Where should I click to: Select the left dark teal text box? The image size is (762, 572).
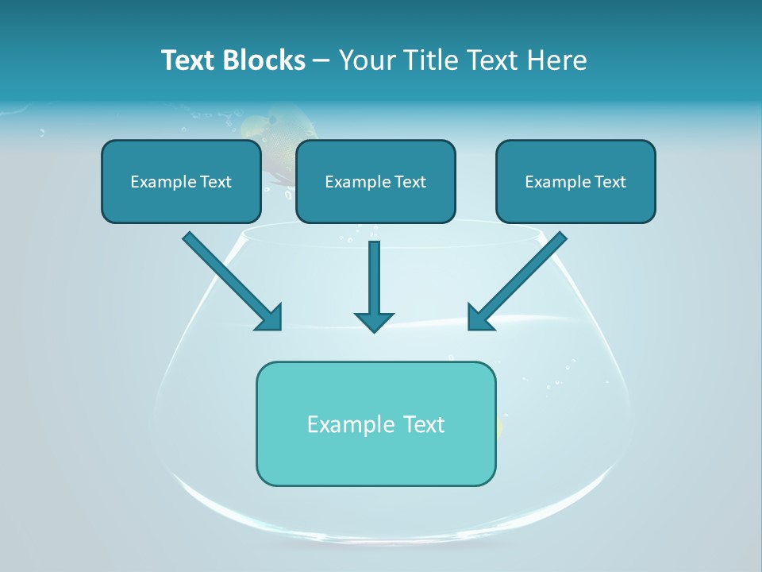click(x=181, y=181)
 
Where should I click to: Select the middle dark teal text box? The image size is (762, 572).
click(x=375, y=181)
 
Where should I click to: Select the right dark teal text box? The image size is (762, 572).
click(x=575, y=181)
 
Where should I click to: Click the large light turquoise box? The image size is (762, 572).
click(x=375, y=423)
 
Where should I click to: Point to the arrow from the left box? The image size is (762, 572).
click(x=230, y=280)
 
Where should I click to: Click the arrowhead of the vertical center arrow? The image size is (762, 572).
click(x=374, y=322)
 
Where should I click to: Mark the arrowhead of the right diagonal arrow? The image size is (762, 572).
click(x=478, y=318)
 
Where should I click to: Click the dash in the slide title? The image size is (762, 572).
click(x=321, y=60)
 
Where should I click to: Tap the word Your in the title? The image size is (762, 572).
click(x=366, y=60)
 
